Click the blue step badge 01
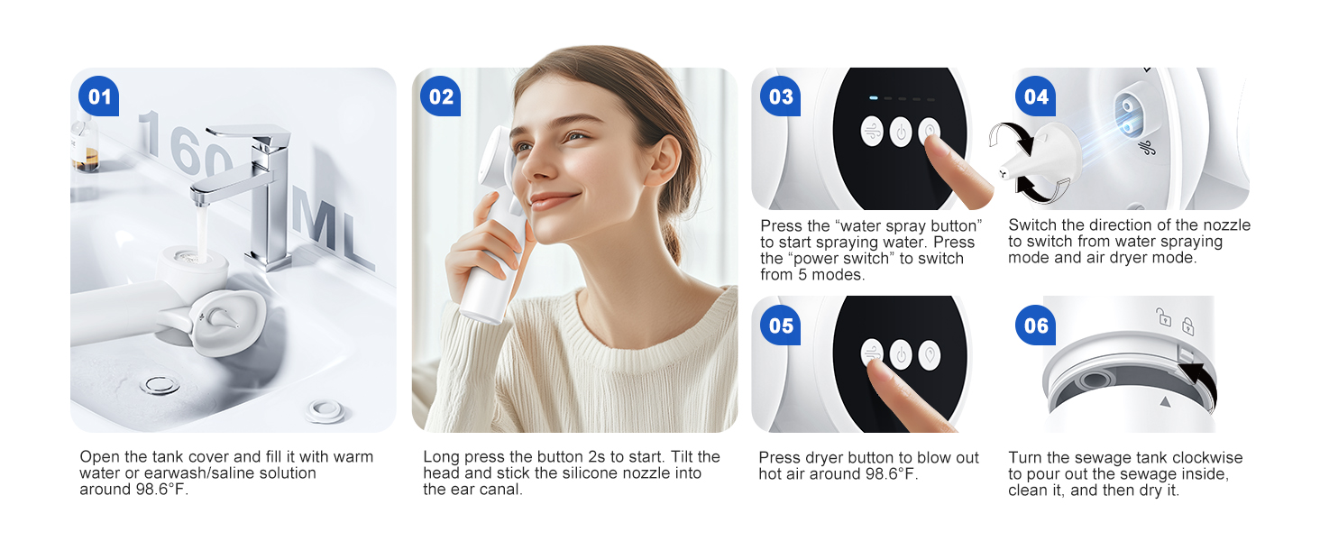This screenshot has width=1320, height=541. pos(98,96)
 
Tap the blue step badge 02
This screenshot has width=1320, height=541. pos(440,96)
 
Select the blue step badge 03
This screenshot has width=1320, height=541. pos(780,96)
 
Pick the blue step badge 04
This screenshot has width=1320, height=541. pos(1035,96)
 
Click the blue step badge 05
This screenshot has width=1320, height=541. pos(780,326)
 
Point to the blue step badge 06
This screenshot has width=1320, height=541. pos(1035,326)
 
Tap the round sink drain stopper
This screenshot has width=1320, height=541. pos(160,385)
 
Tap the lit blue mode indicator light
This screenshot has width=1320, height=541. pos(874,97)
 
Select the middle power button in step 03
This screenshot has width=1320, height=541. pos(901,132)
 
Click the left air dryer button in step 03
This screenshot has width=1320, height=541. pos(872,132)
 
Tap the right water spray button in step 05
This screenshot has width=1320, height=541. pos(930,355)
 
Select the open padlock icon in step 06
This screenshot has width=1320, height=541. pos(1163,317)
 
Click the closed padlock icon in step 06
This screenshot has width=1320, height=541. pos(1187,326)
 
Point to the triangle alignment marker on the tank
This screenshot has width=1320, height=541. pos(1164,402)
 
